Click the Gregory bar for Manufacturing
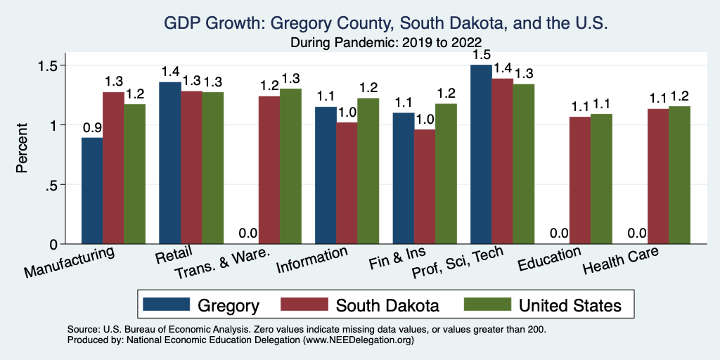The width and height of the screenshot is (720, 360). point(92,191)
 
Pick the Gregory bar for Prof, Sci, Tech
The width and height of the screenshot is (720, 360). point(481,154)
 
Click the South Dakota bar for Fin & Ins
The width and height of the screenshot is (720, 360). point(425,186)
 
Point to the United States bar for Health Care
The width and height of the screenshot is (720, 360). point(679,175)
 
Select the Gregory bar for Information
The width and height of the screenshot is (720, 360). point(326,175)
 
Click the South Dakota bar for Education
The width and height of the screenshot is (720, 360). point(580,180)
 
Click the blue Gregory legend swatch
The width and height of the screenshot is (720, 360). point(167,304)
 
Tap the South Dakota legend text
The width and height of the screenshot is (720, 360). point(387,305)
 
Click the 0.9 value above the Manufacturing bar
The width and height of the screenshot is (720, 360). point(92,129)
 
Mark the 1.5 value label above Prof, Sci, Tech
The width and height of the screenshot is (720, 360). point(481,55)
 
